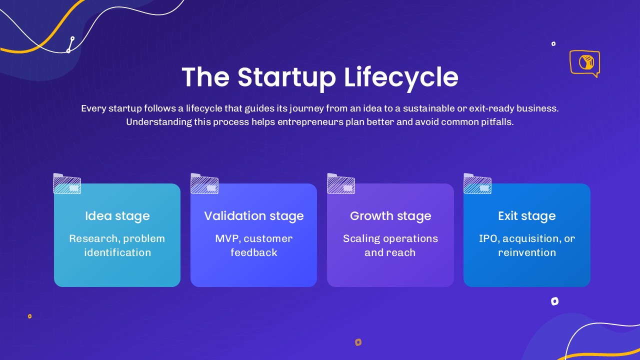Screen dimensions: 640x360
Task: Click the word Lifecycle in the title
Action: (x=401, y=77)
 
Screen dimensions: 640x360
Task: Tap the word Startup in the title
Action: (x=286, y=77)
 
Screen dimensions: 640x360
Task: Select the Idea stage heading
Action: (x=117, y=216)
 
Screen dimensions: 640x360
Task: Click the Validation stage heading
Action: (x=253, y=216)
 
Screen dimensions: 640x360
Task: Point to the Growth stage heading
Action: (x=390, y=216)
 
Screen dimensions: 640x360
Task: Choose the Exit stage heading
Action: (x=527, y=216)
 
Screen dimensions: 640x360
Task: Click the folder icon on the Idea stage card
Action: (x=67, y=183)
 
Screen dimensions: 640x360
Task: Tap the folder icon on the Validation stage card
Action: (x=204, y=183)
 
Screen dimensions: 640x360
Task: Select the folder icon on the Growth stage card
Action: (x=341, y=183)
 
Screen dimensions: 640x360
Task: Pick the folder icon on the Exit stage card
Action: (x=477, y=183)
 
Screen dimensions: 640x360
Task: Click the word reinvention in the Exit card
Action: (x=527, y=252)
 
